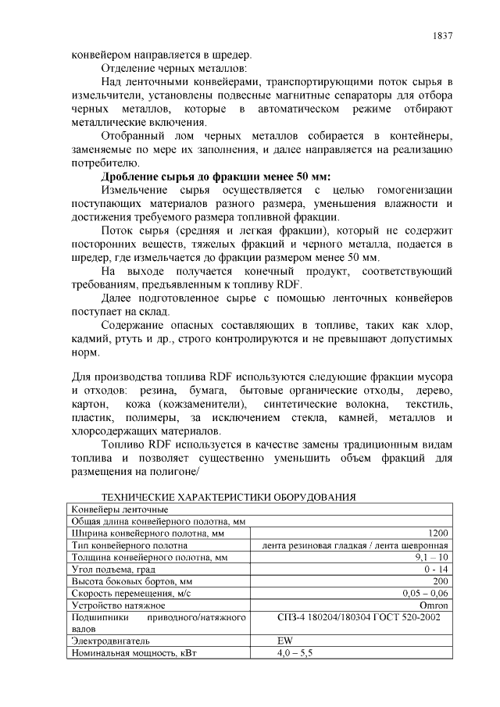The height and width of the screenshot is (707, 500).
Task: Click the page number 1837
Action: (442, 36)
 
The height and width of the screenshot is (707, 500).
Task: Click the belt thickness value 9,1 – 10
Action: (431, 558)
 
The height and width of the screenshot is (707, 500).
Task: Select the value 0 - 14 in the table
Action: (437, 570)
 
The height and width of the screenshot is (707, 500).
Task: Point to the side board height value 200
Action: (441, 581)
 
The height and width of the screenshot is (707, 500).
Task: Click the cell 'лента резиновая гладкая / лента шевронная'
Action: (355, 545)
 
